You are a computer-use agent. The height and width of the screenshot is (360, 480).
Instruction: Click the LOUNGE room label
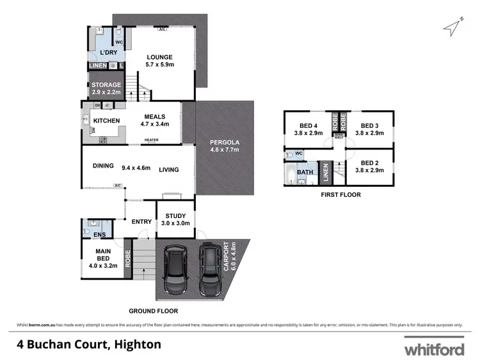coord(160,58)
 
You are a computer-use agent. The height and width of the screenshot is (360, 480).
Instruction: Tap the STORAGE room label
coord(106,85)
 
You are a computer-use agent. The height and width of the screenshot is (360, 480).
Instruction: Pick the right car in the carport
coord(209,267)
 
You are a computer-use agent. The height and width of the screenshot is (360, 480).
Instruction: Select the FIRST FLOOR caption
coord(342,194)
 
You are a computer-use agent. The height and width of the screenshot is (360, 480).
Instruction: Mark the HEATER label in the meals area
coord(151,140)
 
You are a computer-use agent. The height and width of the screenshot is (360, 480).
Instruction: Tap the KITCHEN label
coord(107,120)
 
